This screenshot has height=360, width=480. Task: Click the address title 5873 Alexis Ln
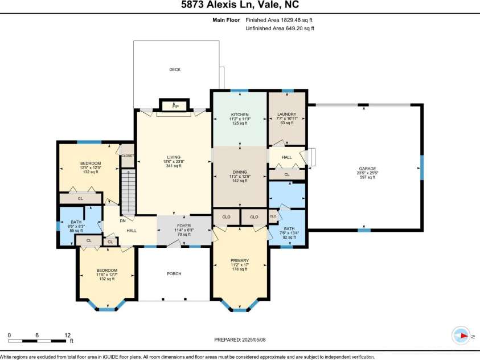click(240, 5)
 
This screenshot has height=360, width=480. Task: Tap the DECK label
click(174, 69)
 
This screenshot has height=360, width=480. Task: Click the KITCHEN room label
click(240, 114)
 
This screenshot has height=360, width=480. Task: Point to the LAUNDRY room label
click(286, 114)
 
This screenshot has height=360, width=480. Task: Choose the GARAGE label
click(367, 169)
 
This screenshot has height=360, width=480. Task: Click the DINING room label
click(239, 172)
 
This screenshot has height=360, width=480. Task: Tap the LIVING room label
click(174, 158)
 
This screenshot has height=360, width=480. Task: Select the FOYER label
click(184, 226)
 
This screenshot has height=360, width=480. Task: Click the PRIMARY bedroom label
click(240, 260)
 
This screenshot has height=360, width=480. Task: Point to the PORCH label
click(174, 274)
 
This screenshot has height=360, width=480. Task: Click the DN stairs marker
click(122, 221)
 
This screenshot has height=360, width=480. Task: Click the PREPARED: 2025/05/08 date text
click(239, 339)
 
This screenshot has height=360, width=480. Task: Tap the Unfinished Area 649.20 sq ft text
click(280, 28)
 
